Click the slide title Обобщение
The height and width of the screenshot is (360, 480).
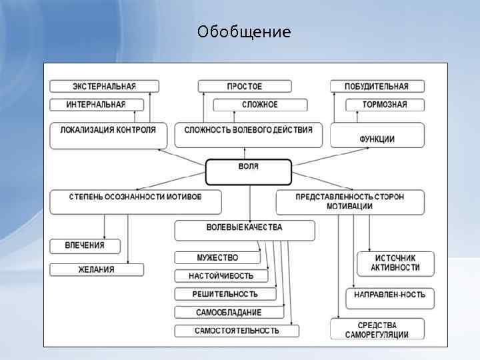[244, 32]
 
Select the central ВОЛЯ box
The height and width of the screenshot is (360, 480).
[248, 171]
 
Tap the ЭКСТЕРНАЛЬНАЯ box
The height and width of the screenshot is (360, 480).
[104, 86]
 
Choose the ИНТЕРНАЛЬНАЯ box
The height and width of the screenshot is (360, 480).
[96, 105]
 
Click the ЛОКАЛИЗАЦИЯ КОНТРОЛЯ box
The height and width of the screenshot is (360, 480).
[108, 134]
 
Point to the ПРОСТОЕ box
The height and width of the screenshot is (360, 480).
[245, 86]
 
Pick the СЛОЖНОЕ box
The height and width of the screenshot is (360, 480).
[260, 105]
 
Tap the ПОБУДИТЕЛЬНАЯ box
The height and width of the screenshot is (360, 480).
[377, 86]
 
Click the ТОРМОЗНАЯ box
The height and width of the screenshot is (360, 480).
[385, 105]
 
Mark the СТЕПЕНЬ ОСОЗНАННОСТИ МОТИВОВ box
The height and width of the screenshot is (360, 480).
[126, 201]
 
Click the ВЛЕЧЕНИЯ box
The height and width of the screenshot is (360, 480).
[85, 246]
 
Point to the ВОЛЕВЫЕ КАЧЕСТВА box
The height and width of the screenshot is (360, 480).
[244, 230]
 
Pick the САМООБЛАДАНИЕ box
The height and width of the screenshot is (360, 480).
[229, 312]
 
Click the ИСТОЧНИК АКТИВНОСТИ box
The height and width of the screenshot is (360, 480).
[395, 263]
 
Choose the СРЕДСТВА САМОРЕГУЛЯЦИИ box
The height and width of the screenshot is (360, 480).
[377, 329]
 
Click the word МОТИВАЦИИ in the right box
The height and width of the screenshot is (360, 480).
[349, 207]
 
